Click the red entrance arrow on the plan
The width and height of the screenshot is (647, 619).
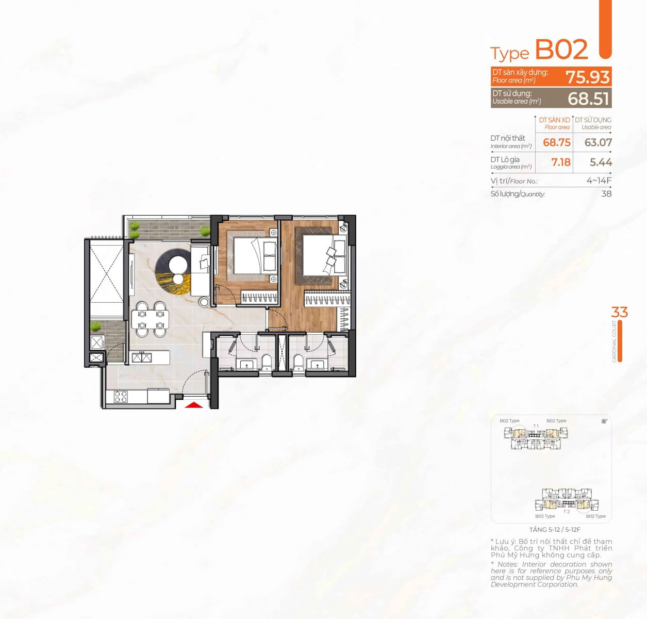coord(193,405)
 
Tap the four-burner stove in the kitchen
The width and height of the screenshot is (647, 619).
coord(121,396)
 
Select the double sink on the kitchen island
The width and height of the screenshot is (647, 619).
coord(140,357)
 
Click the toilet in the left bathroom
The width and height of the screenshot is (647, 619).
coord(266,363)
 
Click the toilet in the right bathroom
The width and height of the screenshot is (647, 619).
coord(298,363)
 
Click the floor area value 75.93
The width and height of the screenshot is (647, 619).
coord(588,77)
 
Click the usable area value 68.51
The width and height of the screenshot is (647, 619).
coord(589,99)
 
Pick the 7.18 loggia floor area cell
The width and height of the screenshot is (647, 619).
coord(560,162)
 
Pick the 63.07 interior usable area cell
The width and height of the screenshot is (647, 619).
coord(598,142)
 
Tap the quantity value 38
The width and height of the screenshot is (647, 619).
coord(606,194)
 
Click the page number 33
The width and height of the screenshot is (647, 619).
coord(619,313)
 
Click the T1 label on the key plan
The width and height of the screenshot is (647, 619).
coord(536,426)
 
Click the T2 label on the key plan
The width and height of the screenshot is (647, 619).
coord(567,512)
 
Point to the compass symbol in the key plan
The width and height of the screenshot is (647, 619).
coord(604,421)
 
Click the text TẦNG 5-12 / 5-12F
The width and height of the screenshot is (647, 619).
coord(555,530)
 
